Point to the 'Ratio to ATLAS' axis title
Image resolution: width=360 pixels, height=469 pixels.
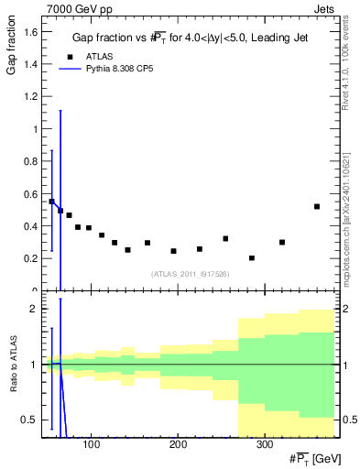[x=11, y=390]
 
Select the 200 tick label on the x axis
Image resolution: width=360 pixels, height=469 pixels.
[x=176, y=444]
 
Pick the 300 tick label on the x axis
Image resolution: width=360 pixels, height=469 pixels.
[x=262, y=444]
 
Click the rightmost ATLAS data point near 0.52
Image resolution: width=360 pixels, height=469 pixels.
[x=317, y=206]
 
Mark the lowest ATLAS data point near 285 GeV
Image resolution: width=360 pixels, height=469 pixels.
[x=252, y=258]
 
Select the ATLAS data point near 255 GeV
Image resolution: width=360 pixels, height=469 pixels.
[x=225, y=238]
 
